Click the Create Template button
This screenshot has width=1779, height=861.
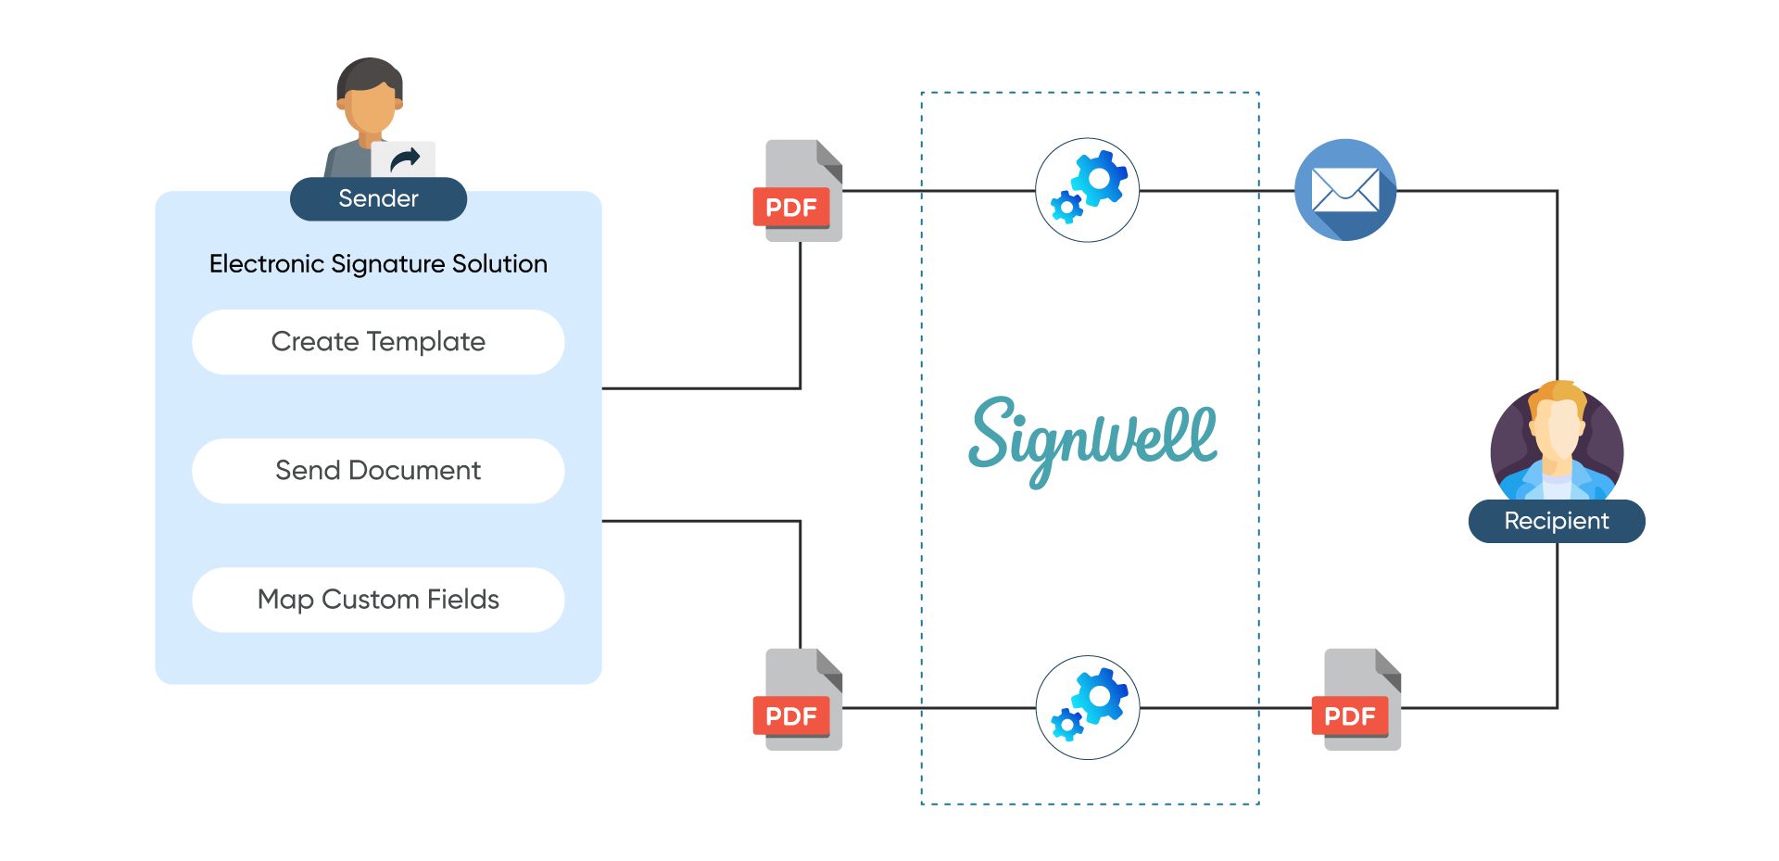pos(378,342)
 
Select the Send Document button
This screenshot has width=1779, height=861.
pos(378,471)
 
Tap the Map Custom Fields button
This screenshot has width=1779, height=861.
pos(378,600)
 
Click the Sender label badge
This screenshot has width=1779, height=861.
pos(378,198)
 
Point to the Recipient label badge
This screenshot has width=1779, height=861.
pos(1557,521)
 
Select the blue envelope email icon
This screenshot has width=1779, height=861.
pos(1345,190)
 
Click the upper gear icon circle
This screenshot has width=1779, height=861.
pos(1087,190)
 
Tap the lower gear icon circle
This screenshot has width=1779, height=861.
pos(1087,707)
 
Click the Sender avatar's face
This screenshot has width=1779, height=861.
pos(371,107)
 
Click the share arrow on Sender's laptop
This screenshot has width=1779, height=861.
pos(404,160)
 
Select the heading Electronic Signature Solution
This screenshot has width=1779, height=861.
pos(378,264)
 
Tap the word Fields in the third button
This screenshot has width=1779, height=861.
pos(463,600)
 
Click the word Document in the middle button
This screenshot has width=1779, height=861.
pos(414,471)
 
